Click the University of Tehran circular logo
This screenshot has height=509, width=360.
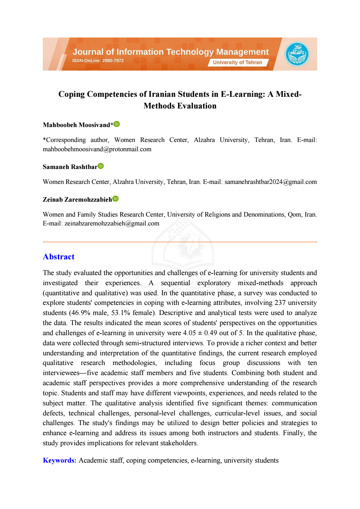pyautogui.click(x=297, y=54)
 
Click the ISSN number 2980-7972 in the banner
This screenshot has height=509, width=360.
pyautogui.click(x=113, y=60)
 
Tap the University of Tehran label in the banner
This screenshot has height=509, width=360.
pyautogui.click(x=237, y=63)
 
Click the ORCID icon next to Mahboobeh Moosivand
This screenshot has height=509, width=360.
pyautogui.click(x=117, y=124)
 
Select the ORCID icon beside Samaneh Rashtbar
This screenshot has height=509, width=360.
pyautogui.click(x=100, y=166)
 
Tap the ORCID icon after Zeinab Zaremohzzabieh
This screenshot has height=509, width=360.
pyautogui.click(x=115, y=198)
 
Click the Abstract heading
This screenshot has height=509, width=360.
pyautogui.click(x=59, y=257)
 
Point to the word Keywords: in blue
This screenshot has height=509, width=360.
pyautogui.click(x=60, y=460)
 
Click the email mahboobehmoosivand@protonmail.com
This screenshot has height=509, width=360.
pyautogui.click(x=97, y=149)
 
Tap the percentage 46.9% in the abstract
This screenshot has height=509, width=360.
pyautogui.click(x=79, y=313)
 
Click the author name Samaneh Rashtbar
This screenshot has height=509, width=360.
pyautogui.click(x=70, y=167)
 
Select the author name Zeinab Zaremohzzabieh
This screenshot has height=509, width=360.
pyautogui.click(x=77, y=199)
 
